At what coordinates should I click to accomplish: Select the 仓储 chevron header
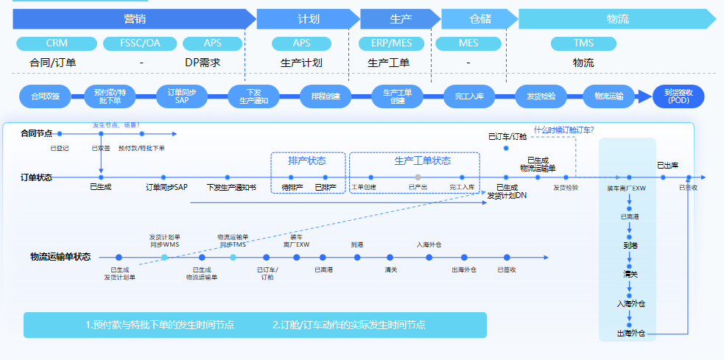click(479, 19)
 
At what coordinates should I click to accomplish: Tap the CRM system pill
click(56, 43)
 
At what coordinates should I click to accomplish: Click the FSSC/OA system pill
click(140, 43)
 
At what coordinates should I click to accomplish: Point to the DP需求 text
click(203, 63)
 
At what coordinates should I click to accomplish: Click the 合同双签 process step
click(45, 96)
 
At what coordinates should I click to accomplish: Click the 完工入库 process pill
click(468, 96)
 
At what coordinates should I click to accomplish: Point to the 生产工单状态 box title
click(423, 160)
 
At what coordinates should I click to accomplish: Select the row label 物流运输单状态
click(60, 257)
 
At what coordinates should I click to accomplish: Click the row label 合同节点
click(36, 133)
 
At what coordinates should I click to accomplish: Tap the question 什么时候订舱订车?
click(564, 130)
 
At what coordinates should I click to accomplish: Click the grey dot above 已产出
click(418, 177)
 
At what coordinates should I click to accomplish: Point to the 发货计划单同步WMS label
click(164, 241)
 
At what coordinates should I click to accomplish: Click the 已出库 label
click(668, 165)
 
